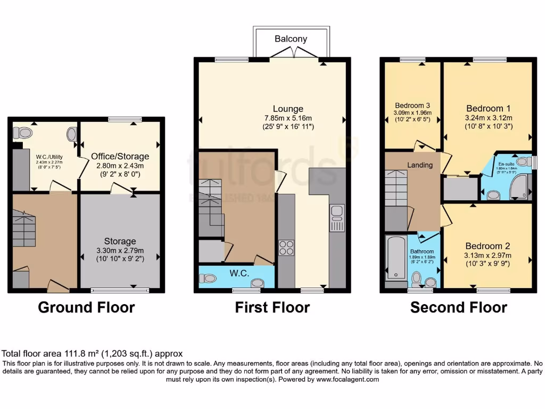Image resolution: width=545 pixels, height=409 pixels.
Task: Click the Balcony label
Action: (291, 39)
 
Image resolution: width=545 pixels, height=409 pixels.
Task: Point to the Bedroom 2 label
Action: (488, 246)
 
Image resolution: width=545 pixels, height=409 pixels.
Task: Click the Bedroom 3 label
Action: (412, 105)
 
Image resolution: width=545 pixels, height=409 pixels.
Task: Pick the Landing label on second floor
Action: (420, 165)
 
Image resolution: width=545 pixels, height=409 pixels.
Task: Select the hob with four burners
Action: (286, 248)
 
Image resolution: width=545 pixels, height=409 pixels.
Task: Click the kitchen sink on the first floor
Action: (337, 217)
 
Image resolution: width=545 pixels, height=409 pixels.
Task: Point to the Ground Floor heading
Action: (86, 307)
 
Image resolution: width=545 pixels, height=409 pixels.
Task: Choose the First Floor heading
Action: (272, 307)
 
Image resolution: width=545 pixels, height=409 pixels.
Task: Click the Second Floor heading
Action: (458, 307)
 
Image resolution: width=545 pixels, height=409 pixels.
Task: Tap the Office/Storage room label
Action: (120, 157)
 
